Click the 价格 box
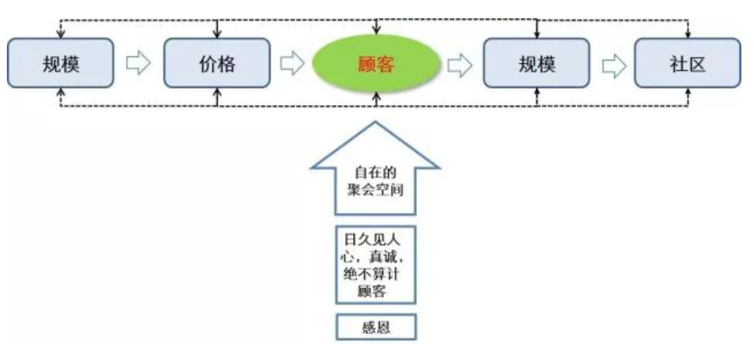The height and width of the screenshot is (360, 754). click(x=217, y=63)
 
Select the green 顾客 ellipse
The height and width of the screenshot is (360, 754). click(x=376, y=63)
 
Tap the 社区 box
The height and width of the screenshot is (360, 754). click(x=687, y=63)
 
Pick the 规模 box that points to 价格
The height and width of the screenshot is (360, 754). click(x=60, y=63)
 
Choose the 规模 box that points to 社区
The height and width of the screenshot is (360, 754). click(x=536, y=63)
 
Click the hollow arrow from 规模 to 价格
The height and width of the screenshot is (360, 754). click(x=138, y=64)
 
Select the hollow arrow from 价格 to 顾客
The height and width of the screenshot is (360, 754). click(x=292, y=64)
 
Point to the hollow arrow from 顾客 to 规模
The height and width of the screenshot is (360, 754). click(x=460, y=64)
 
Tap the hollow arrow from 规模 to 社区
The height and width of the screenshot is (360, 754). click(x=612, y=64)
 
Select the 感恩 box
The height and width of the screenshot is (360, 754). click(x=375, y=328)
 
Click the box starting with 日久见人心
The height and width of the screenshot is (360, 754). click(x=375, y=264)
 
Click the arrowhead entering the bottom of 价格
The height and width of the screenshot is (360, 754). click(x=216, y=92)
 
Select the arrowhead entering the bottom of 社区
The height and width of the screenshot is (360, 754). click(x=689, y=92)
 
